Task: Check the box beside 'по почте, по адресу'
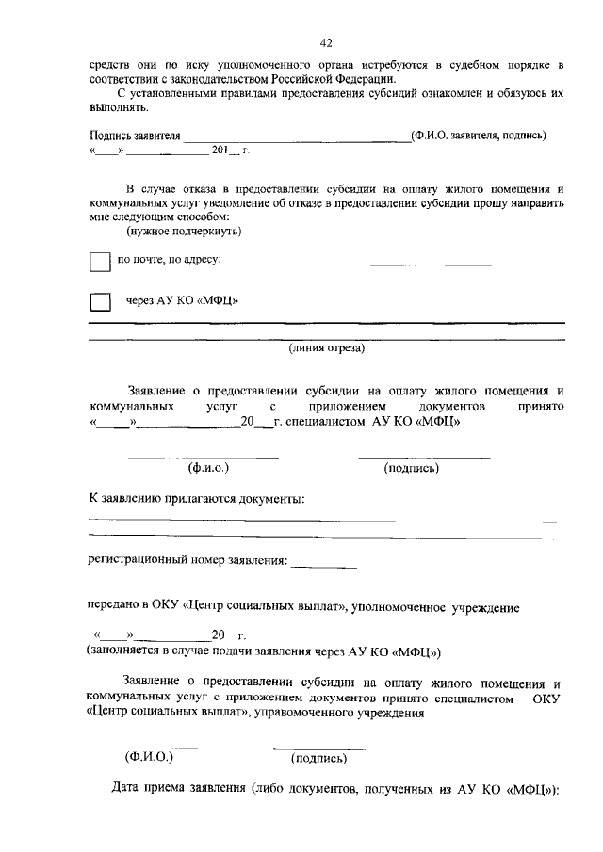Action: tap(100, 261)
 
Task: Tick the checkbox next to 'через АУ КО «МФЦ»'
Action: tap(100, 301)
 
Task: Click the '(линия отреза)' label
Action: tap(326, 347)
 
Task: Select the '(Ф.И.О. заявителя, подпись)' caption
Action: tap(479, 135)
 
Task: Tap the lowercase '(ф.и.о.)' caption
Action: tap(208, 467)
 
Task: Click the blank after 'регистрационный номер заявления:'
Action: tap(324, 563)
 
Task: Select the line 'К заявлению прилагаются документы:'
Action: tap(196, 497)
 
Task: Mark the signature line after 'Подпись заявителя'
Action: tap(296, 136)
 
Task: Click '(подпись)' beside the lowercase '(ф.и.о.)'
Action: tap(411, 467)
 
